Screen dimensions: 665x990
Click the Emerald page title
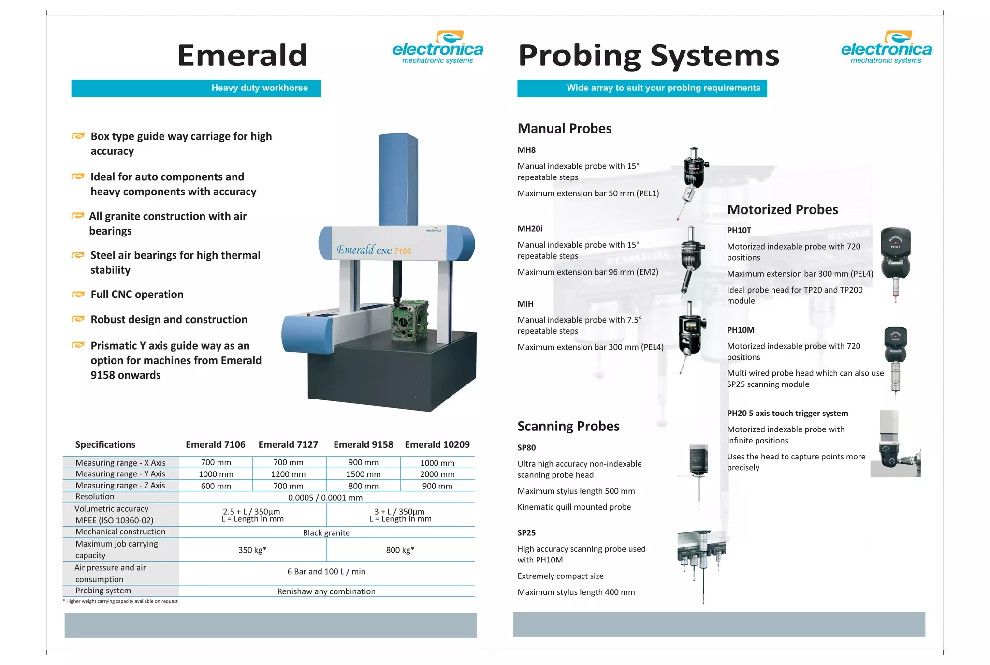coord(242,55)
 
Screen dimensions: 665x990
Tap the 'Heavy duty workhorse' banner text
coord(260,88)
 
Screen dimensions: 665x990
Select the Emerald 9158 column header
coord(363,444)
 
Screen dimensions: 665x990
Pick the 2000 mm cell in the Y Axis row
coord(437,474)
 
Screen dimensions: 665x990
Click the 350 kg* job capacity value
coord(252,550)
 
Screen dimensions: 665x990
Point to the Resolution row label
coord(95,497)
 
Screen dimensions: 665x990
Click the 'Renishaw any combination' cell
coord(326,591)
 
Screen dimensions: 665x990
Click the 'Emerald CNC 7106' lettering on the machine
coord(374,250)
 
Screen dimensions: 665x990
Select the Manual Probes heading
coord(564,129)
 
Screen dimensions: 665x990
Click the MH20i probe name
coord(530,229)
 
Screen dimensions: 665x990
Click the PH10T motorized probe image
coord(895,261)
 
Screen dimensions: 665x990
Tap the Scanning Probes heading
coord(568,426)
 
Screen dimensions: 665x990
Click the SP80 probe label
coord(526,448)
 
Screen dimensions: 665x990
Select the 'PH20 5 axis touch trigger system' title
coord(787,414)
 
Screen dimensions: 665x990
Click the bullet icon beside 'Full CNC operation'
coord(78,295)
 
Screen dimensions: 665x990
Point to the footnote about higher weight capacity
coord(120,601)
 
